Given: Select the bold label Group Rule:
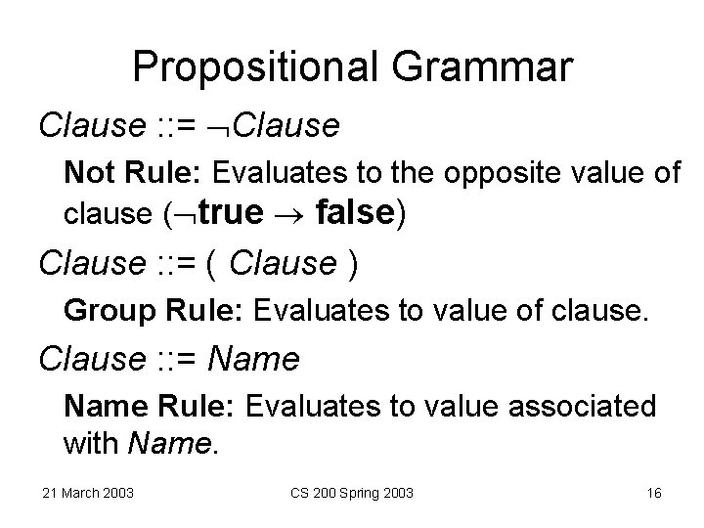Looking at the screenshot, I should tap(154, 311).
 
